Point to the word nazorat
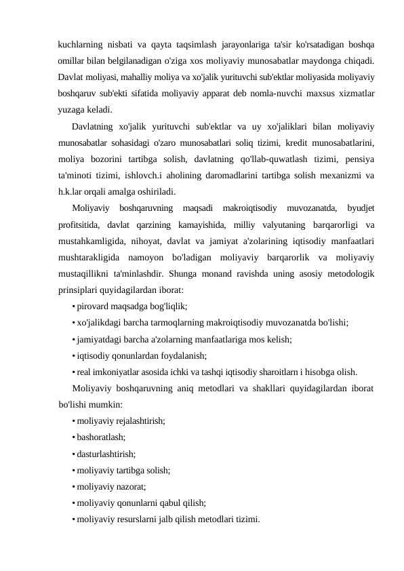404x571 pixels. click(x=132, y=486)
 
